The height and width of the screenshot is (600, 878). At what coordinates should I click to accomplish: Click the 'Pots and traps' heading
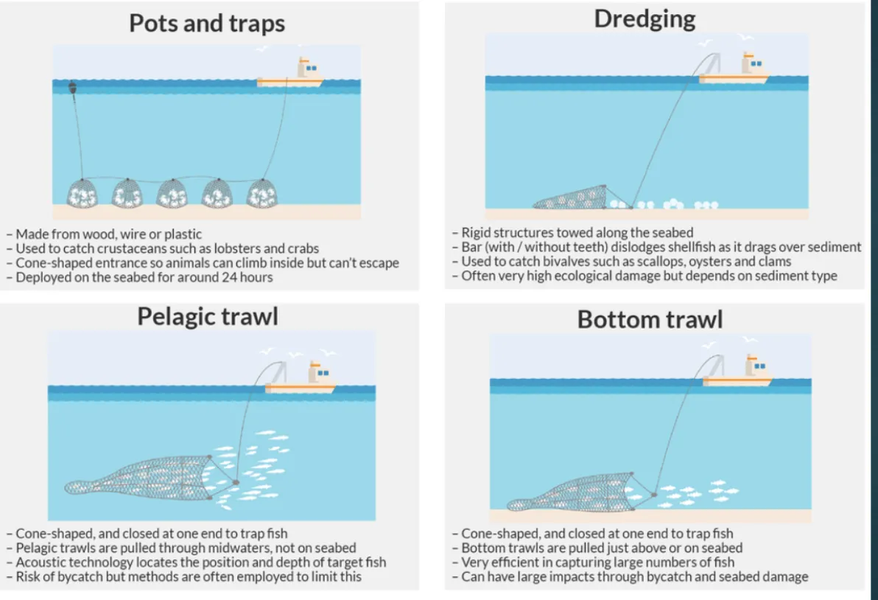point(207,24)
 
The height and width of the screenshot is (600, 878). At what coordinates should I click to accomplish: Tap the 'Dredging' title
point(645,20)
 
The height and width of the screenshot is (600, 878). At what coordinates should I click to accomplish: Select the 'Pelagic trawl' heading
point(208,316)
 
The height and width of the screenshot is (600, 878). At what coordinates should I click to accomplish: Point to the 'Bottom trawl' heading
point(650,319)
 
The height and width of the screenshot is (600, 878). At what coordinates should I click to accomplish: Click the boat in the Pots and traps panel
point(290,74)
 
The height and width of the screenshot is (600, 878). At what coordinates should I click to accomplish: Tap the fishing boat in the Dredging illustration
point(734,69)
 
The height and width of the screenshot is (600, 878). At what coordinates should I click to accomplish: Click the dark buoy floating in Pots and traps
point(72,88)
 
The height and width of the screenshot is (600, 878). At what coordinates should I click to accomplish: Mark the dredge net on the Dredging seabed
point(570,198)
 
